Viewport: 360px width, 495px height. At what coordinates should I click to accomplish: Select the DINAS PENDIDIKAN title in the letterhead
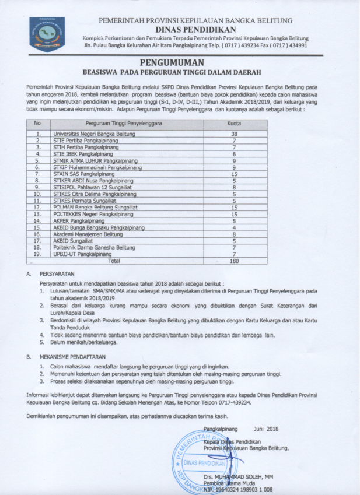(195, 29)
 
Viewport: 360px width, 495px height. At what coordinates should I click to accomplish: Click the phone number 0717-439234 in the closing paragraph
(233, 402)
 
